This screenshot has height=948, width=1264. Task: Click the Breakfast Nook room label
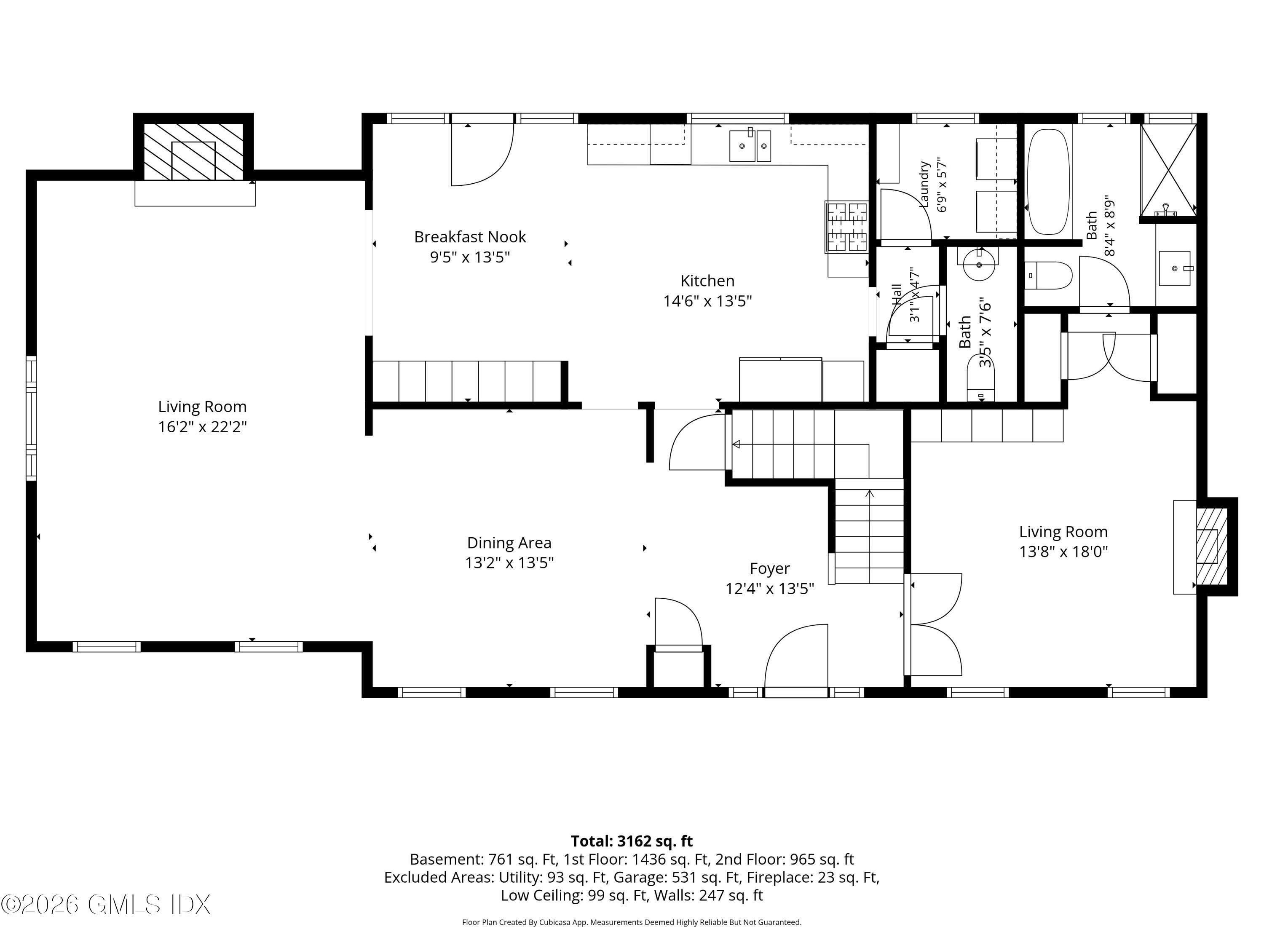tap(470, 236)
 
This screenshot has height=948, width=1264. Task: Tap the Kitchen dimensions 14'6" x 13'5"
tap(707, 301)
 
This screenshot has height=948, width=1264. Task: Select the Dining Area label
tap(509, 543)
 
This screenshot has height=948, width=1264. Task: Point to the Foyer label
tap(770, 568)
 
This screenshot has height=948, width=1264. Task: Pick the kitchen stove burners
tap(847, 226)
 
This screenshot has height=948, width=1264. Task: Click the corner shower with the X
tap(1168, 170)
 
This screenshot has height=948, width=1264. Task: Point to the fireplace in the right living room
tap(1211, 547)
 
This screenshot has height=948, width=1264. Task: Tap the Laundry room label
tap(924, 184)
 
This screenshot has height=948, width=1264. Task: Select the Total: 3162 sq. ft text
tap(632, 841)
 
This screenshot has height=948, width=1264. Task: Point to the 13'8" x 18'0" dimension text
tap(1063, 552)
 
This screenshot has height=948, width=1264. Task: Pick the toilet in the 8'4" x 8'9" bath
tap(1048, 276)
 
